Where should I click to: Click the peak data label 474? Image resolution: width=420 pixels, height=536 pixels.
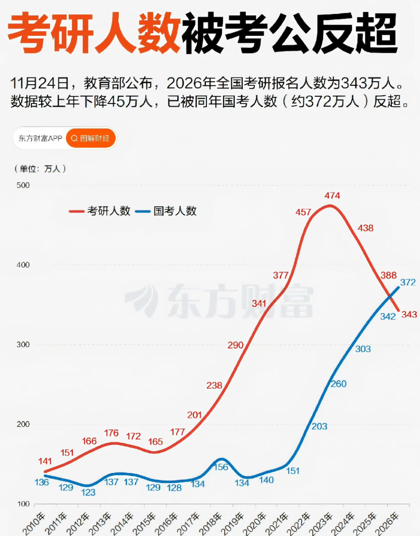coord(332,196)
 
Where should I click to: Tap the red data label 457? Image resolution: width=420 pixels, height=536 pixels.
coord(303,212)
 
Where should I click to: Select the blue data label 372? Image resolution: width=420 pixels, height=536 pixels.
coord(407,283)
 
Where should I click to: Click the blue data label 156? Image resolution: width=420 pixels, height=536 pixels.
coord(221,467)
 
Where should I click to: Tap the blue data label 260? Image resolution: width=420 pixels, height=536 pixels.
coord(338,384)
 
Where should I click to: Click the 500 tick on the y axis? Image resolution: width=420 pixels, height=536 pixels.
coord(24,185)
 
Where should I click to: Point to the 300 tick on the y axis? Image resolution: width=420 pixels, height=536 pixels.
coord(24,344)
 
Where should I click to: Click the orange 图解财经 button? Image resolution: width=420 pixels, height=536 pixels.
coord(91,138)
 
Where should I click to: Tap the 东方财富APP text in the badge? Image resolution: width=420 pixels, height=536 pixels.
coord(40,138)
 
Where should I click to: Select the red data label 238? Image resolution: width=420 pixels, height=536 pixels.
coord(214,386)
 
